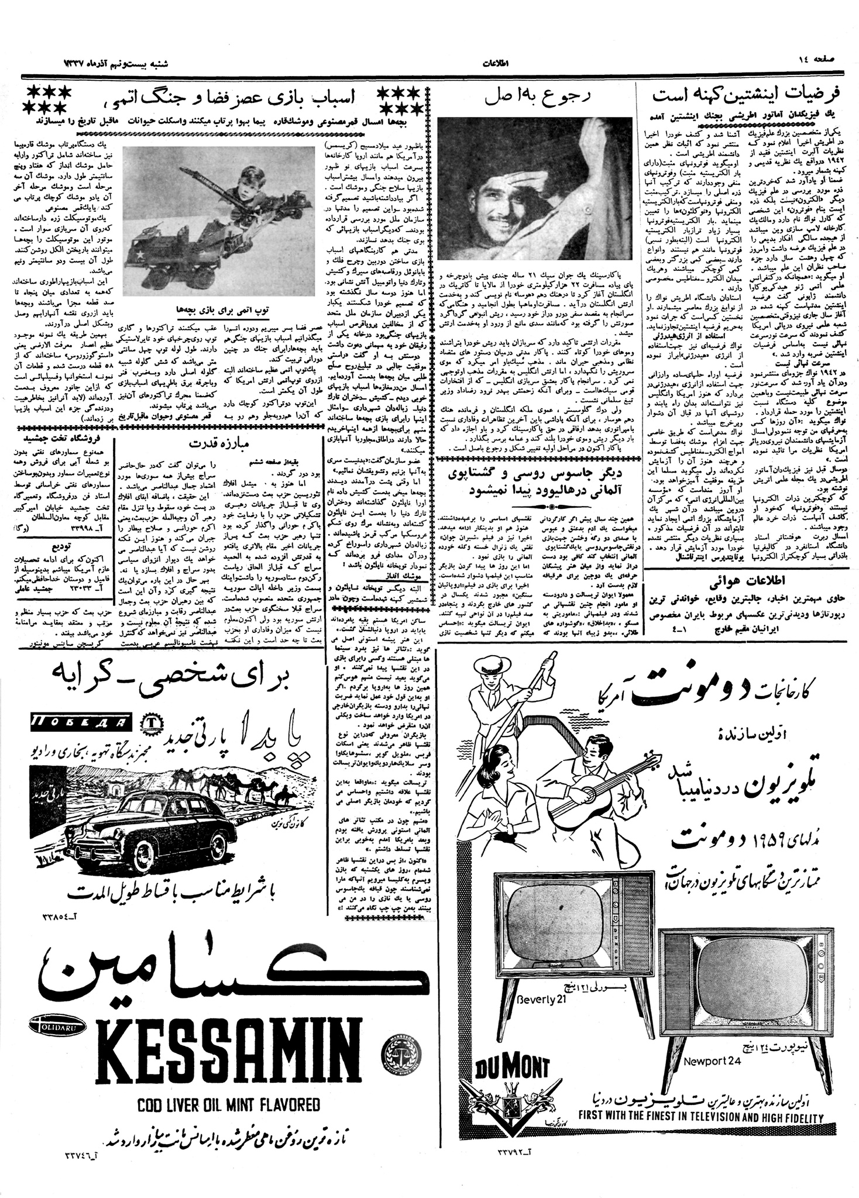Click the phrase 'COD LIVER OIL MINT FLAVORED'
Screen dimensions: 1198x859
coord(229,1104)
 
